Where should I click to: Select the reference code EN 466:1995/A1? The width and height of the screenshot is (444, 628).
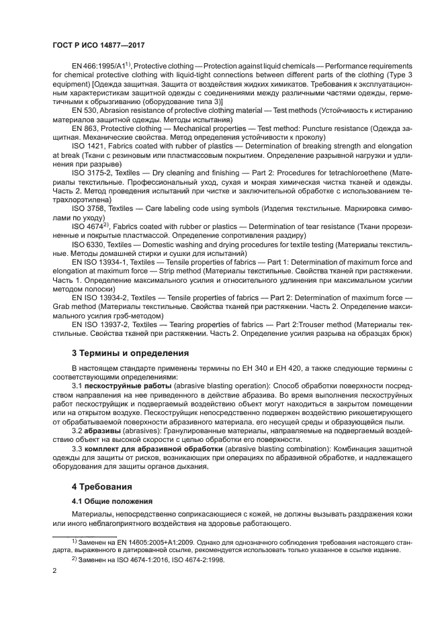tap(101, 65)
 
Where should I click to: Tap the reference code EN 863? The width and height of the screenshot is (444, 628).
tap(85, 126)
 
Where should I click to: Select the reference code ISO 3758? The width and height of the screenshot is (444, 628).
tap(88, 209)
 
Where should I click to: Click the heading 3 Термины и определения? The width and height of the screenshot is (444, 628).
tap(130, 353)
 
